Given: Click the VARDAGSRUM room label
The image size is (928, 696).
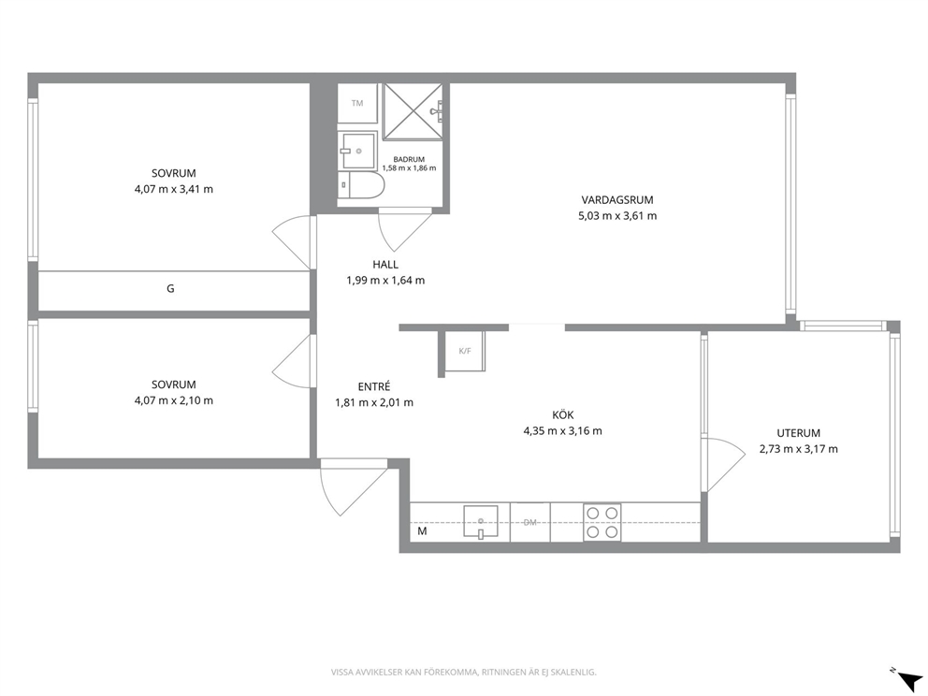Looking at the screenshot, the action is (x=617, y=200).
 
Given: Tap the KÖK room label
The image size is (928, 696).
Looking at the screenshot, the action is (x=562, y=414).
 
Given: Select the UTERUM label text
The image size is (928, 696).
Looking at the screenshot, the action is (x=798, y=433).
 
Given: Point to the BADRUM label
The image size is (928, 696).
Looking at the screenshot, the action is (x=409, y=159).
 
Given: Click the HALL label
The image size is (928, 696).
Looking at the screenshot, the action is (x=385, y=265).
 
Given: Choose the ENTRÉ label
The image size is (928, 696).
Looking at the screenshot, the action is (x=374, y=386).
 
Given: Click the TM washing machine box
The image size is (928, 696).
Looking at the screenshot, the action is (x=357, y=104).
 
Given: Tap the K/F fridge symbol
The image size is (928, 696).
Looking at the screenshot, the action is (x=465, y=351).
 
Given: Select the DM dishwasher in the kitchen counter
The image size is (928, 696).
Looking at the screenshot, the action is (x=530, y=522).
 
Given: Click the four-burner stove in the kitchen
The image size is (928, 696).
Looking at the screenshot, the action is (x=602, y=522).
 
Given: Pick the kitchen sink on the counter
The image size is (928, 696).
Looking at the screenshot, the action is (x=481, y=522).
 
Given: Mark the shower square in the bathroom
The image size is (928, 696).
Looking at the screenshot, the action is (x=413, y=111).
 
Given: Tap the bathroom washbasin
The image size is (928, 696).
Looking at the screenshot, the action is (x=357, y=151).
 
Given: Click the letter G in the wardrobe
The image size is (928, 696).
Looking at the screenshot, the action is (x=170, y=289).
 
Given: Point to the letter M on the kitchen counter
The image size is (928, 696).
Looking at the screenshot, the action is (x=422, y=531).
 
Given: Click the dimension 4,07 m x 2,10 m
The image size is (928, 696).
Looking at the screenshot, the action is (x=174, y=400).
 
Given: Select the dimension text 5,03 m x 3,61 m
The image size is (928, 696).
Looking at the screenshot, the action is (x=617, y=216).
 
